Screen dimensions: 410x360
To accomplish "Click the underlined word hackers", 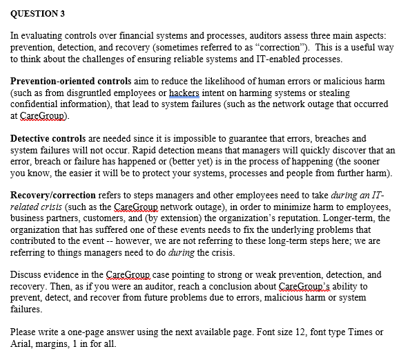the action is click(x=184, y=93).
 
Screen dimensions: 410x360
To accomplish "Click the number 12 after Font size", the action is click(x=300, y=332).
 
